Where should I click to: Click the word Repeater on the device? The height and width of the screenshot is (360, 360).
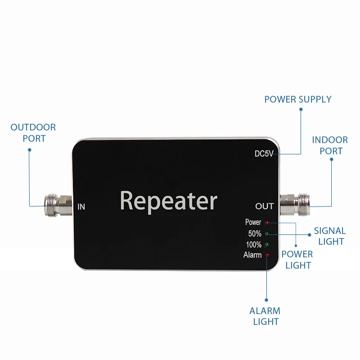click(168, 201)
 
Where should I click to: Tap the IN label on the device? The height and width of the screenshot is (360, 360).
click(81, 207)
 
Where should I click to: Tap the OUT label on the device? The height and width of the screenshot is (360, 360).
click(265, 206)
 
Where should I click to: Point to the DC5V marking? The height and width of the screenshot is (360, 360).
click(264, 153)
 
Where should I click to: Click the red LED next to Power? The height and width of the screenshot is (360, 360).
click(266, 223)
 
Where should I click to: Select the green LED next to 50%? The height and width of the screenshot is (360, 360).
click(266, 234)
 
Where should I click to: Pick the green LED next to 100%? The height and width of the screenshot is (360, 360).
click(266, 245)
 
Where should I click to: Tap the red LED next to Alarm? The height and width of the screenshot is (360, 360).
click(266, 255)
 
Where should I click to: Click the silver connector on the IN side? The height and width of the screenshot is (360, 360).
click(58, 205)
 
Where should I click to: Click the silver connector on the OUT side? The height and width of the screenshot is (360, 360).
click(295, 204)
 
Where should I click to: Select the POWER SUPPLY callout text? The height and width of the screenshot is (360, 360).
click(298, 99)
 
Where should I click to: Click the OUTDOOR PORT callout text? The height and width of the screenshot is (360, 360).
click(33, 133)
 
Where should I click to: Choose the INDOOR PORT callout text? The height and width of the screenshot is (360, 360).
click(330, 145)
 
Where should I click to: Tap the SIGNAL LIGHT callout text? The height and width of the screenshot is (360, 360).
click(330, 236)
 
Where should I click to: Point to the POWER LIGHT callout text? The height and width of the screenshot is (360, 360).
click(297, 260)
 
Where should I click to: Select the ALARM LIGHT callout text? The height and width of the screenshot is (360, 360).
click(265, 316)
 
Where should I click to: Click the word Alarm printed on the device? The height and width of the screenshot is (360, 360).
click(252, 255)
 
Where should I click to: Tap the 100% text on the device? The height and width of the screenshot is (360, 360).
click(254, 244)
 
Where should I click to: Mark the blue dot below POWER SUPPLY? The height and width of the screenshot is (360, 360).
click(301, 109)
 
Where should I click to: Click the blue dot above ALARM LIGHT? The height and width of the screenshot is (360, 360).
click(266, 300)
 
